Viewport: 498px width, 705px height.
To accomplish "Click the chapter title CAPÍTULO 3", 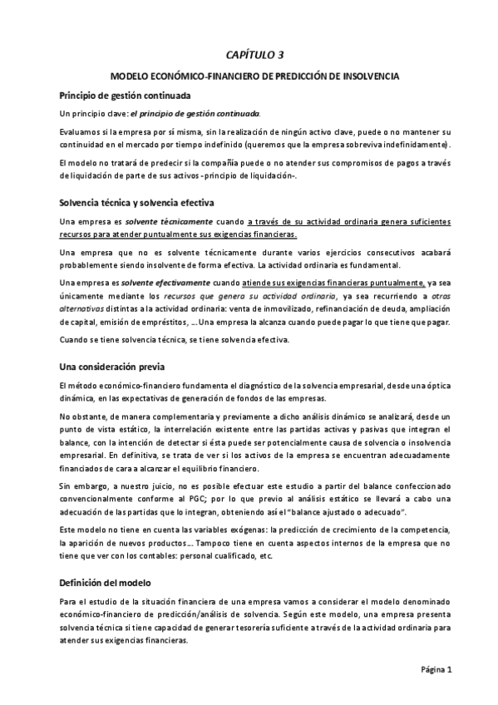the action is coord(254,55).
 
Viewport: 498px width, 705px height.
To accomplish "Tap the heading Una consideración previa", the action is coord(112,366).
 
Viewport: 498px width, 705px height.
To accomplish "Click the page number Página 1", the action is coord(436,669).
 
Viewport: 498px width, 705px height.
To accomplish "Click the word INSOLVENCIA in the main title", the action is coord(367,76).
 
